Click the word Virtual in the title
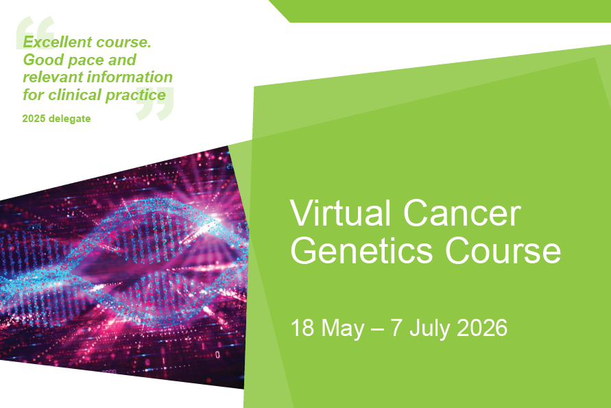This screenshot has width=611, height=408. click(x=340, y=213)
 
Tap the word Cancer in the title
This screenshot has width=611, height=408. click(x=462, y=213)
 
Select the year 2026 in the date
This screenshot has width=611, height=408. click(x=482, y=328)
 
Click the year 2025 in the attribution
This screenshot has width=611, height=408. click(x=34, y=119)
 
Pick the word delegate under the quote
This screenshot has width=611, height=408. click(x=70, y=119)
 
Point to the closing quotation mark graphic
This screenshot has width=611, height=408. click(x=155, y=104)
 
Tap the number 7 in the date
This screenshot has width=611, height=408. click(x=396, y=328)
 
